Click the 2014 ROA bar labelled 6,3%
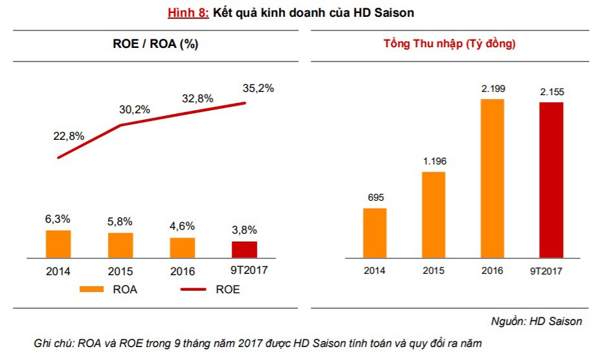coord(58,243)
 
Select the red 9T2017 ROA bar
coord(245,249)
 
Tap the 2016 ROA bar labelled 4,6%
coord(183,247)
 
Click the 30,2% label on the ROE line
coord(135,109)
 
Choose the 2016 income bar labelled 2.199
coord(492,177)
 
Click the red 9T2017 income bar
coord(552,179)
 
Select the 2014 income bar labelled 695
coord(375,232)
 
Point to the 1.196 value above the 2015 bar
coord(434,161)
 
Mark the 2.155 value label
coord(552,93)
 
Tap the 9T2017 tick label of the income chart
coord(551,271)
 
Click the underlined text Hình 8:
coord(188,13)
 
